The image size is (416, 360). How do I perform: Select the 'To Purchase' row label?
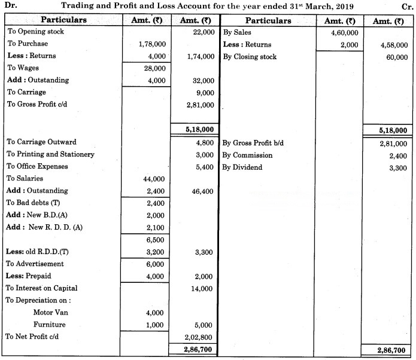tap(28, 44)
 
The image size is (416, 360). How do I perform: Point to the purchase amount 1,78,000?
tap(152, 44)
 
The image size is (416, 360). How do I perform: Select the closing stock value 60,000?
tap(394, 57)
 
